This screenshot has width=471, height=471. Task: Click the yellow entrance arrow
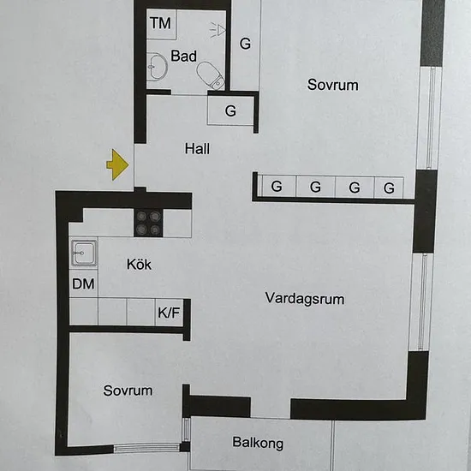pos(118,164)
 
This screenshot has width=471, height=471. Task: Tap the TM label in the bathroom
pos(161,23)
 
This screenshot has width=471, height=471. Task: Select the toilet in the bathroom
pos(211,75)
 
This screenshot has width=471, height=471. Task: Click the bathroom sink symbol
pos(158,67)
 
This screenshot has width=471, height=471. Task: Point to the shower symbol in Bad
pos(218,30)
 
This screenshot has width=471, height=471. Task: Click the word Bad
pos(183,56)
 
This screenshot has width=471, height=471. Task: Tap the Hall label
pos(197,149)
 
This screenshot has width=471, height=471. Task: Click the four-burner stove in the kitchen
pos(148,223)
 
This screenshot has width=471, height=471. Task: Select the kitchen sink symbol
pos(84,253)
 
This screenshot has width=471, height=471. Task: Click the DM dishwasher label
pos(83,283)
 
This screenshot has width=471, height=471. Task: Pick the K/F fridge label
pos(169,313)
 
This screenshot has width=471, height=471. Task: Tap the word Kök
pos(139,264)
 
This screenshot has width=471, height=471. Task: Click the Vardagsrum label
pos(305,299)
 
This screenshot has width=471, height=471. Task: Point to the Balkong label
pos(258,443)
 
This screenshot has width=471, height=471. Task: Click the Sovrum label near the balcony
pos(128,391)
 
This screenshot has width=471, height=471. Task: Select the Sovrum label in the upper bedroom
pos(332,85)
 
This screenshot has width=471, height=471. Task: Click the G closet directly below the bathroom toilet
pos(230,110)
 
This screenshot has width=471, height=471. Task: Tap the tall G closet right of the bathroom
pos(245,44)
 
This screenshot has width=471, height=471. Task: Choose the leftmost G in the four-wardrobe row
pos(277,187)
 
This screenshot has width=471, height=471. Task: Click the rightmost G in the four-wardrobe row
pos(389,188)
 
